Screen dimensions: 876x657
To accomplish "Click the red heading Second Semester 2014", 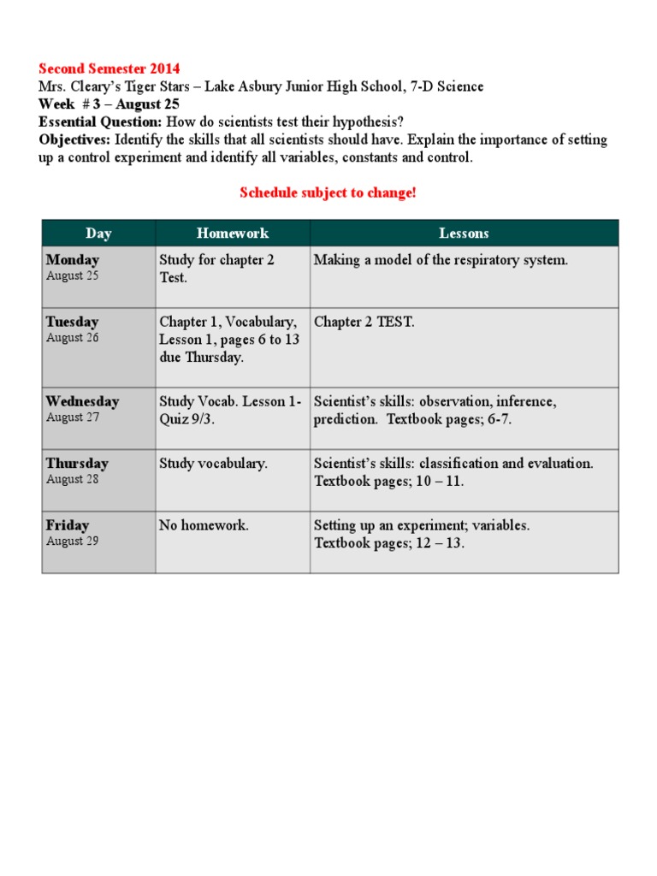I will point(109,68).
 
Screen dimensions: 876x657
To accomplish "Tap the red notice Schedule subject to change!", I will point(328,192).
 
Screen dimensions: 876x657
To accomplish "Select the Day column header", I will point(98,233).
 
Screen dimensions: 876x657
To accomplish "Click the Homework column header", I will point(232,233).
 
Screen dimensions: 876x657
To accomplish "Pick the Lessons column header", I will point(464,233).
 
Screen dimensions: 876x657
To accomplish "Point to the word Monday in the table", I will point(73,260).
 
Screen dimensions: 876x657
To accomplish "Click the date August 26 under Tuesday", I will point(72,338).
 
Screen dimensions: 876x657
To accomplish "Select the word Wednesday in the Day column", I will point(82,401).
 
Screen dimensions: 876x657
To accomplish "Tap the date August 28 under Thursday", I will point(72,479).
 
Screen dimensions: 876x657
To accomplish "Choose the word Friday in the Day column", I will point(68,525).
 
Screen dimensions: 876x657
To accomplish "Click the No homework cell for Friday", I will point(204,525).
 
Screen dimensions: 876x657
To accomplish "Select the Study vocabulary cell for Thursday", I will point(213,464).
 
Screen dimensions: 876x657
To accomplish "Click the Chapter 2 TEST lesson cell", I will point(364,323).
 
